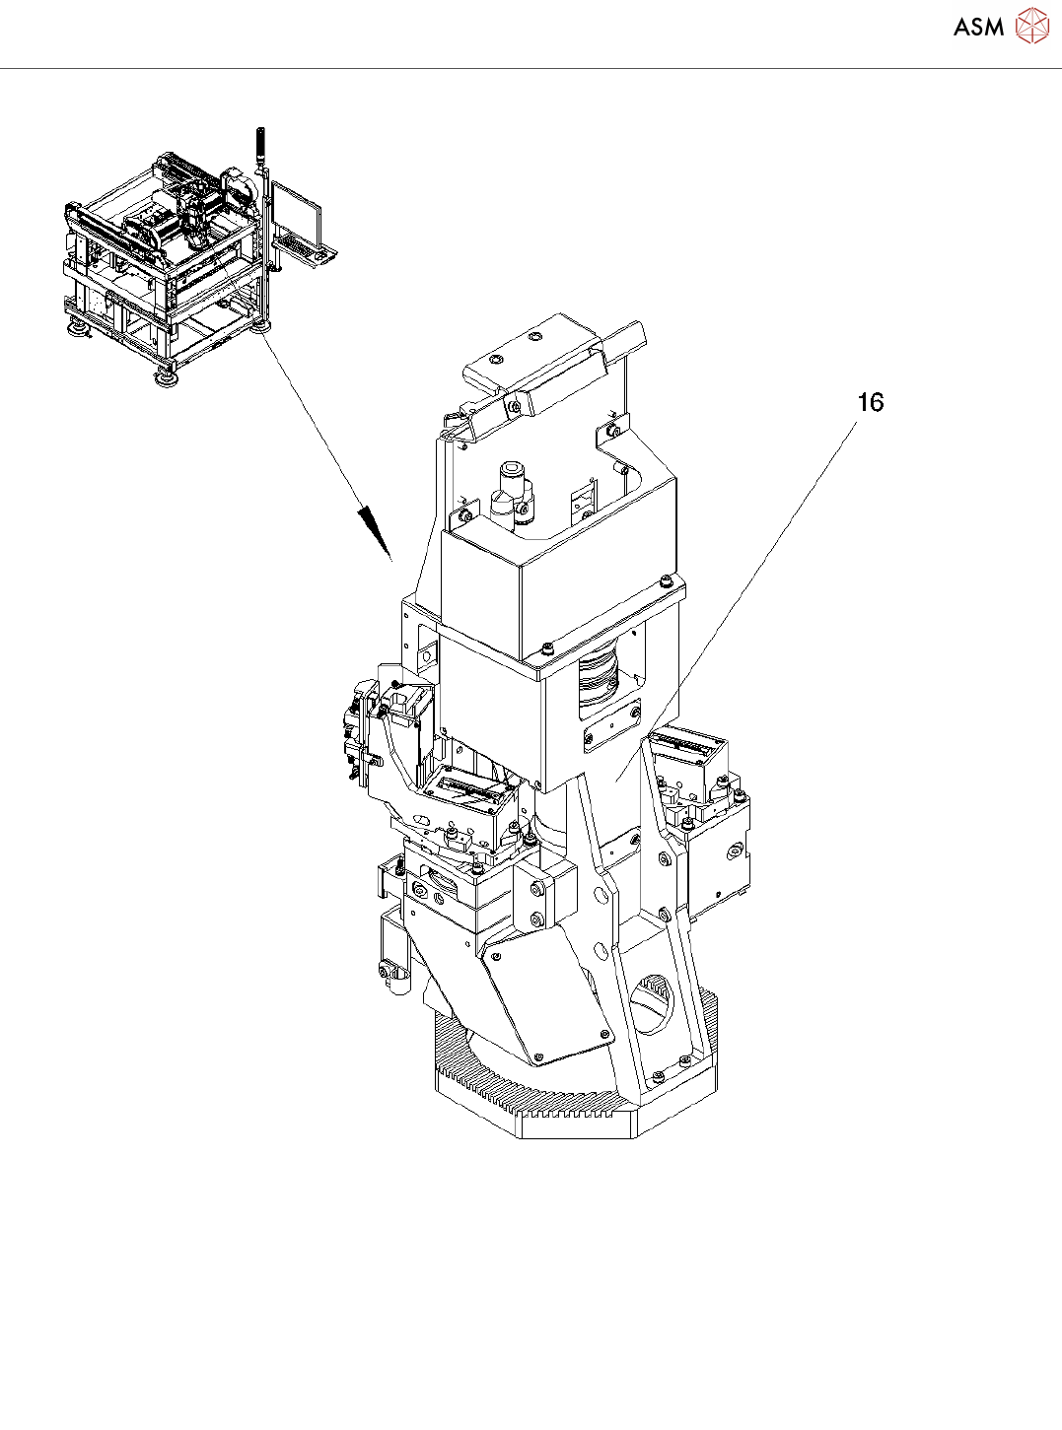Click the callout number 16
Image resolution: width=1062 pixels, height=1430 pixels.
(x=870, y=402)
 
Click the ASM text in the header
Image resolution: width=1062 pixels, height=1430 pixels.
(x=978, y=28)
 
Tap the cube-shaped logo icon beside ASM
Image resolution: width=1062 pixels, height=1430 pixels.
(x=1031, y=27)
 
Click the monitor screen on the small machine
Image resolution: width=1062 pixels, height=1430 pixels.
(x=297, y=211)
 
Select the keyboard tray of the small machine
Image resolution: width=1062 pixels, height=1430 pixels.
(x=307, y=251)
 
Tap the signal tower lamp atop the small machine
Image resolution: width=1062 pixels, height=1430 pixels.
(x=260, y=146)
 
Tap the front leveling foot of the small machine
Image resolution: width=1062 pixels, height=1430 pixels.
(x=165, y=375)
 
